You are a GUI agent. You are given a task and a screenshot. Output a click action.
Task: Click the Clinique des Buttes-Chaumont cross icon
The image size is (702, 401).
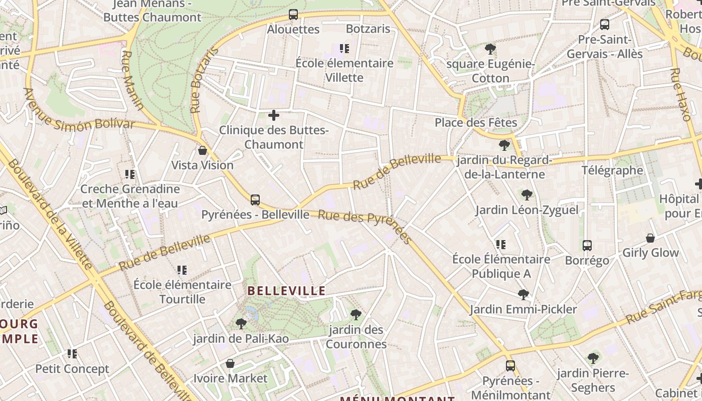click(274, 116)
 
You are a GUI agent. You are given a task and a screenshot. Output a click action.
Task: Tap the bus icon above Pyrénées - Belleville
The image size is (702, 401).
click(255, 200)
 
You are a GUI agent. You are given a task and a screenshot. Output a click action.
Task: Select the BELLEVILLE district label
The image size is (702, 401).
click(287, 291)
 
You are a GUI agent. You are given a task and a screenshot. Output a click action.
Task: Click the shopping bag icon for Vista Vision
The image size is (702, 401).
click(203, 150)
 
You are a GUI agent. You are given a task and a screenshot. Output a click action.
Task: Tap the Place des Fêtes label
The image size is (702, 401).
click(475, 122)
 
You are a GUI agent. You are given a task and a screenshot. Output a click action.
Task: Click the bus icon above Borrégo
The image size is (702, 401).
click(587, 246)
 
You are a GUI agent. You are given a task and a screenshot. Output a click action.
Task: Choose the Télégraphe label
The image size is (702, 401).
click(612, 170)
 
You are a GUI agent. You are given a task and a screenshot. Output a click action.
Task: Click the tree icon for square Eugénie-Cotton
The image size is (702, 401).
click(490, 49)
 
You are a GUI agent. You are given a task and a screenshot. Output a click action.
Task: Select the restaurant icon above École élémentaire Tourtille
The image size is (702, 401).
click(182, 270)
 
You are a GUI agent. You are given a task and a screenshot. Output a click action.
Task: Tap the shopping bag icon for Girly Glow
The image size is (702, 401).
click(650, 238)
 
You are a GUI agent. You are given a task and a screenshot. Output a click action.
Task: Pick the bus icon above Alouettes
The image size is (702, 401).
click(293, 15)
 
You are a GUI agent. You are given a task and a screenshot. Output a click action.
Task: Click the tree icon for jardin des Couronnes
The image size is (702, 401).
click(356, 315)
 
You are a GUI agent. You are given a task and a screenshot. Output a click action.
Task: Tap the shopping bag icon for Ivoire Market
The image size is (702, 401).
click(230, 363)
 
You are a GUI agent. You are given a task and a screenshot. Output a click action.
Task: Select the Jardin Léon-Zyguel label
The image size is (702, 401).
click(526, 210)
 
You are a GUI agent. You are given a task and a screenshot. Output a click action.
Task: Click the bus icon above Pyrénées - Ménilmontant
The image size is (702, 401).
click(510, 366)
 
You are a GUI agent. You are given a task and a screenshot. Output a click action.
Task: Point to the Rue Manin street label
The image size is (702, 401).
click(132, 80)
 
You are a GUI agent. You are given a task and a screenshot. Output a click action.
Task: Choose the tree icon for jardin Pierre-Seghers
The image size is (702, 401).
click(593, 358)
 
